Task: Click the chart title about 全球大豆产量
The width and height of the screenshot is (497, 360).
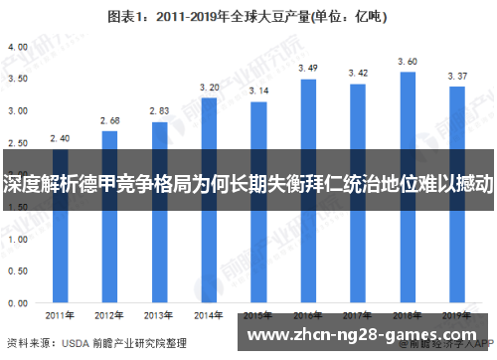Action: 249,17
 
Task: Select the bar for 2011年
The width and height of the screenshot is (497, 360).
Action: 60,239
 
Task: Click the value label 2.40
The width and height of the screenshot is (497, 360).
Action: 60,138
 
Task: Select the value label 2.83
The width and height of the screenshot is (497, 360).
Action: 159,111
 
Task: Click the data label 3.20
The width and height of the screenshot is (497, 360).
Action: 209,88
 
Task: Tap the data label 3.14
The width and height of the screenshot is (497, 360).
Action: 258,91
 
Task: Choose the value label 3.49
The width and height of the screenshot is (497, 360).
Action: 308,68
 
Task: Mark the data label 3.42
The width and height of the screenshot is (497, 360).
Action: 358,73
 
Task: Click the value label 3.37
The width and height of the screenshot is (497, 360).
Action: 456,76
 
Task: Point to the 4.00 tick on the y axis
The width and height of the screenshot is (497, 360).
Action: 17,47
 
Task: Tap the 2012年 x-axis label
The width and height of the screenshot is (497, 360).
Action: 109,315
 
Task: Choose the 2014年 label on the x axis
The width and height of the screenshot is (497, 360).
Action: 209,315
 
